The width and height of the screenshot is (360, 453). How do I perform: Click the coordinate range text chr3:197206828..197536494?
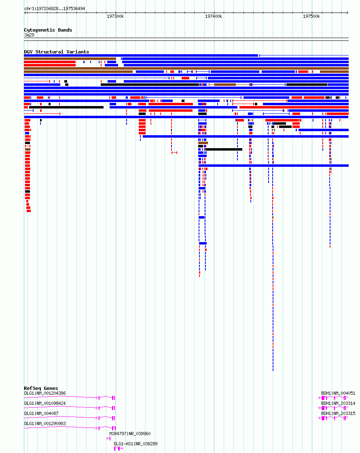point(55,9)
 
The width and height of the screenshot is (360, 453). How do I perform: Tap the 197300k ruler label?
point(115,17)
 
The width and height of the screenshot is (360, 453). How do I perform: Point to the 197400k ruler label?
point(214,17)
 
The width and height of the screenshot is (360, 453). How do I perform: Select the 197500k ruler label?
point(311,17)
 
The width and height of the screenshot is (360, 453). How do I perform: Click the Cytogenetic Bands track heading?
point(48,30)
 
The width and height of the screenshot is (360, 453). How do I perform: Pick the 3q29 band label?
point(29,35)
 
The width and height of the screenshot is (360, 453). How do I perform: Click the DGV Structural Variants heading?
point(57,52)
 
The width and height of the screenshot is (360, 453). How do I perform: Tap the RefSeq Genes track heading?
point(41,388)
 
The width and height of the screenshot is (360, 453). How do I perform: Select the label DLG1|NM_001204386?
point(45,393)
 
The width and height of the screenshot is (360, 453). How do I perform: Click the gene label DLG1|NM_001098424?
point(45,403)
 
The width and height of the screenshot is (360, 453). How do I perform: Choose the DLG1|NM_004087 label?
point(41,413)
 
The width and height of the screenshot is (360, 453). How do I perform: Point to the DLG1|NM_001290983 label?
point(45,423)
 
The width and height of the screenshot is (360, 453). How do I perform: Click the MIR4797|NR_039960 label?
point(130,434)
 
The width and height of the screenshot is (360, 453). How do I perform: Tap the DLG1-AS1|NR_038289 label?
point(136,444)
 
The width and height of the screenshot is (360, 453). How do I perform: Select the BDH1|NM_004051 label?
point(338,393)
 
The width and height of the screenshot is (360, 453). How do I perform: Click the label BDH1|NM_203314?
point(338,403)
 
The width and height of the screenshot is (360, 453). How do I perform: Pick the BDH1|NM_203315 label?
point(338,413)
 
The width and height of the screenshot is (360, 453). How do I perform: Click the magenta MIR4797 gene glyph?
point(108,438)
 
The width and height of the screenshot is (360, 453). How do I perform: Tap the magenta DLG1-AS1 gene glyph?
point(119,449)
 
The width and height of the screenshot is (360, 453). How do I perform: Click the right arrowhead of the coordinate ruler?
point(347,13)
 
